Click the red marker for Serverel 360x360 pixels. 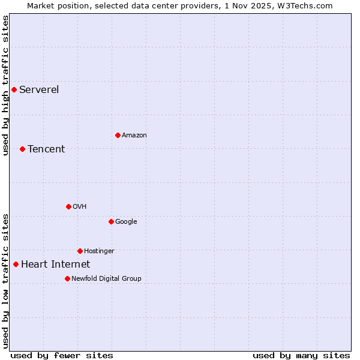click(x=14, y=90)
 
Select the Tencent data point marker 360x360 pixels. click(x=22, y=149)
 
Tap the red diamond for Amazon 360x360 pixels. click(x=118, y=135)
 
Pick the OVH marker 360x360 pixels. click(x=68, y=206)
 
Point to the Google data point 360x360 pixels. click(x=111, y=221)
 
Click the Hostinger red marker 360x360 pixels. click(x=80, y=251)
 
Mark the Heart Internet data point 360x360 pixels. click(x=16, y=264)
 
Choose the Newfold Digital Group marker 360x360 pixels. click(x=67, y=278)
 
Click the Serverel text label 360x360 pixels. click(x=39, y=90)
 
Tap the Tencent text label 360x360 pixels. click(x=46, y=149)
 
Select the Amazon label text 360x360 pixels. click(x=134, y=135)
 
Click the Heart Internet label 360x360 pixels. click(x=55, y=264)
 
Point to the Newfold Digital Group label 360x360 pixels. click(x=106, y=278)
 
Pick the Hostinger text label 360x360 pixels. click(x=99, y=251)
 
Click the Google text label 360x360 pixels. click(x=126, y=221)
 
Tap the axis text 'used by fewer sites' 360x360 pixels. click(x=62, y=355)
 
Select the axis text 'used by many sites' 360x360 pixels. click(x=301, y=355)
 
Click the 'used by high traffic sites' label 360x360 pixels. click(x=5, y=85)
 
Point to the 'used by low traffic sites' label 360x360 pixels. click(x=5, y=281)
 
